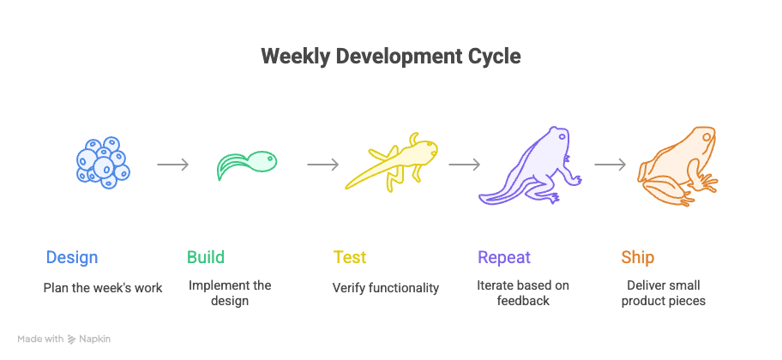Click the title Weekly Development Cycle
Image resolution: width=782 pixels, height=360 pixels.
pos(390,57)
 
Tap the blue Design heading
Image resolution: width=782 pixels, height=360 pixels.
pos(72,257)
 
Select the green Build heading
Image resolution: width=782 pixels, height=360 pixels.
pos(206,257)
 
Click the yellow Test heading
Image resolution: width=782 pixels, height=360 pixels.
pos(350,257)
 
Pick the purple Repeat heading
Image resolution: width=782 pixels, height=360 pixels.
pos(504,257)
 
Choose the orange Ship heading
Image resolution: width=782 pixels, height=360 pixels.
pos(638,257)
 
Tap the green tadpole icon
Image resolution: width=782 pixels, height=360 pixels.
pos(246,164)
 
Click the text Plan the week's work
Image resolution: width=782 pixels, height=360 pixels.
pos(103,288)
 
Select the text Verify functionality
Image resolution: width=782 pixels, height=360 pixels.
pos(386,288)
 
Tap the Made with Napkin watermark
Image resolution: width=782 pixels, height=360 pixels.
pos(64,339)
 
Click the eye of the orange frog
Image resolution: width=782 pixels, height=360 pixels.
pos(707,135)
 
